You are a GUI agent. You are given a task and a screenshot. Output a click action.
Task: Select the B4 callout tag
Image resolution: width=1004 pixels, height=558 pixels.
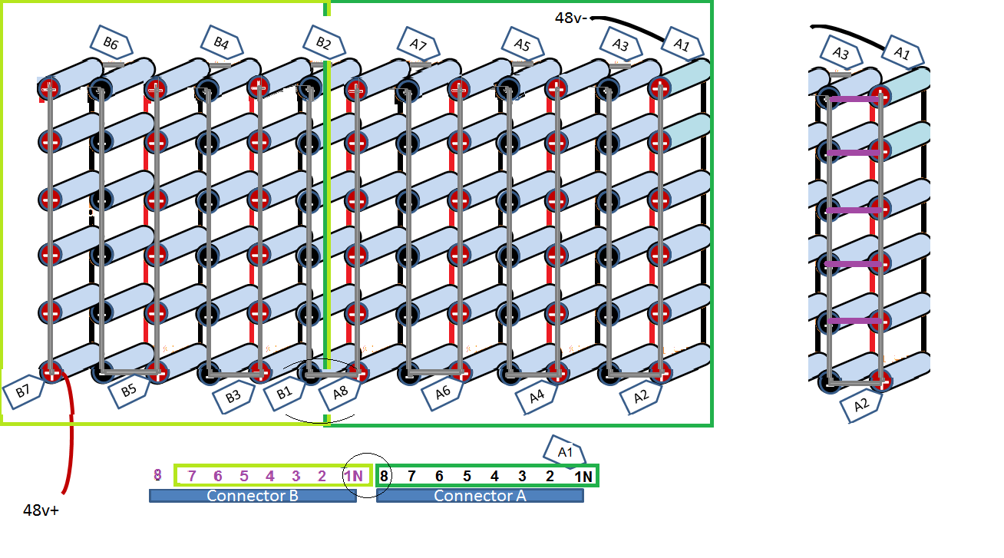(x=221, y=41)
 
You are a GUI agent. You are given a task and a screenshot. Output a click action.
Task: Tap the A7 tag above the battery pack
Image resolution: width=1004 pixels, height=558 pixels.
(x=418, y=43)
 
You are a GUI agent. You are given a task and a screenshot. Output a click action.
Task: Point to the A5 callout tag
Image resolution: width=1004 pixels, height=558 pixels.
(x=522, y=43)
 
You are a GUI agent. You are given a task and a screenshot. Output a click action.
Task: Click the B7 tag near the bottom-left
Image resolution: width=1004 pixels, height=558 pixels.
(x=22, y=389)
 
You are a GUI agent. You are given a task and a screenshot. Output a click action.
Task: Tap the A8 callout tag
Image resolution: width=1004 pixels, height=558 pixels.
(x=339, y=395)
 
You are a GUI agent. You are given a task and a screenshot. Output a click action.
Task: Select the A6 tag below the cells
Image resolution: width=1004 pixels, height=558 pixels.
(x=442, y=394)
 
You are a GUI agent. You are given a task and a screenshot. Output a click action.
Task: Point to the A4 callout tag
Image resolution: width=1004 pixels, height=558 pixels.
(x=537, y=396)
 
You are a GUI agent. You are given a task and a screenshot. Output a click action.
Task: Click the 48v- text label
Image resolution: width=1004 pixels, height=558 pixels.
(x=570, y=18)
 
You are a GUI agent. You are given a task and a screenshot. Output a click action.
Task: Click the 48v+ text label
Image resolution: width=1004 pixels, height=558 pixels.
(x=41, y=510)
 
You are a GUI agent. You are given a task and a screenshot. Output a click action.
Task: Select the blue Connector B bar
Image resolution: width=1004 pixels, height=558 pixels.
(x=253, y=496)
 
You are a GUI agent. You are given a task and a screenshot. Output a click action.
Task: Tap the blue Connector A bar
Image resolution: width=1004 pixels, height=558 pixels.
(x=480, y=496)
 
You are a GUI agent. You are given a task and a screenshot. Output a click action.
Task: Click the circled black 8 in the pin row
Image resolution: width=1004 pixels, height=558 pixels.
(x=384, y=476)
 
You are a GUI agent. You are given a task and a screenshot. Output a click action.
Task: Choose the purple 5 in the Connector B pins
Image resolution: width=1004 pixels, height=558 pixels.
(x=243, y=476)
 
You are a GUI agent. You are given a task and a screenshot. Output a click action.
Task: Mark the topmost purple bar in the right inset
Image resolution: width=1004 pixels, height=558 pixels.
(x=853, y=99)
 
